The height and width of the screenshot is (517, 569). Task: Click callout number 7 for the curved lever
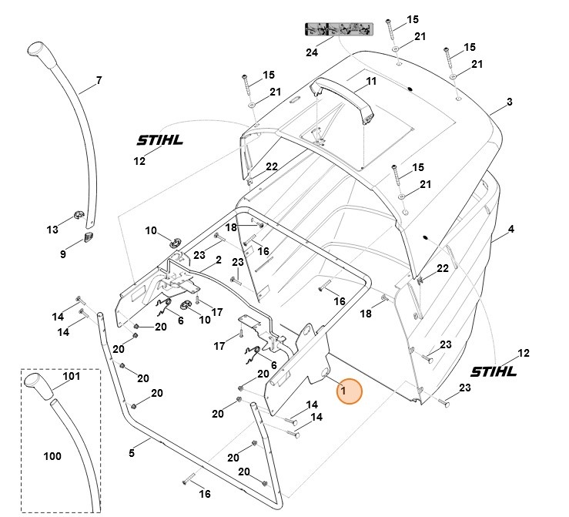coord(99,80)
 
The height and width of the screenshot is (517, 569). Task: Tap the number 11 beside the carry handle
coord(371,82)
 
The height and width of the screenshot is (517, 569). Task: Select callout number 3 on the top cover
coord(510,102)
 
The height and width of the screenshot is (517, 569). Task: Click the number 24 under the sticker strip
coord(312,52)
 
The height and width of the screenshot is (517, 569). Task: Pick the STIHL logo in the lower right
coord(493,371)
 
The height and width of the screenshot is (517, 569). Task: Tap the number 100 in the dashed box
coord(52,456)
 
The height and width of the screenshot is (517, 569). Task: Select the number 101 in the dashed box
coord(72,377)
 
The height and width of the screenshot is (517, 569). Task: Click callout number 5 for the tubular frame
coord(132,453)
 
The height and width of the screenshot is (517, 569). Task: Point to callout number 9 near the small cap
coord(63,253)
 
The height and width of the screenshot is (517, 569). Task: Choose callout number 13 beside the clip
coord(52,230)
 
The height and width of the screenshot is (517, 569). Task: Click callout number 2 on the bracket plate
coord(219,260)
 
